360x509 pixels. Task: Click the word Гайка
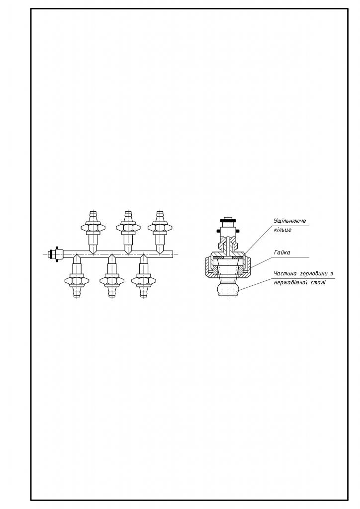[282, 252]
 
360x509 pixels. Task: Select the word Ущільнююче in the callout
[289, 221]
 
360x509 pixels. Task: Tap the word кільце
[282, 230]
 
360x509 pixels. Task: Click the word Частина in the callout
[284, 273]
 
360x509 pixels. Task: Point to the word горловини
[311, 274]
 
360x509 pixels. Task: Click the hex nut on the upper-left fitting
[93, 228]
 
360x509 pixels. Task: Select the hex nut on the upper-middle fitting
[128, 228]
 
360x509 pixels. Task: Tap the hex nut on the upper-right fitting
[160, 228]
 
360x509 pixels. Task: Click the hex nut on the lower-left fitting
[77, 280]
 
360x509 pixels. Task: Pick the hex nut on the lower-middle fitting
[112, 280]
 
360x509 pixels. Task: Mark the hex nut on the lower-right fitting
[144, 280]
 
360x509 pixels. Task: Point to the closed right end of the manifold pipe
[173, 254]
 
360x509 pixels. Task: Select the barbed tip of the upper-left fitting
[93, 216]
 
